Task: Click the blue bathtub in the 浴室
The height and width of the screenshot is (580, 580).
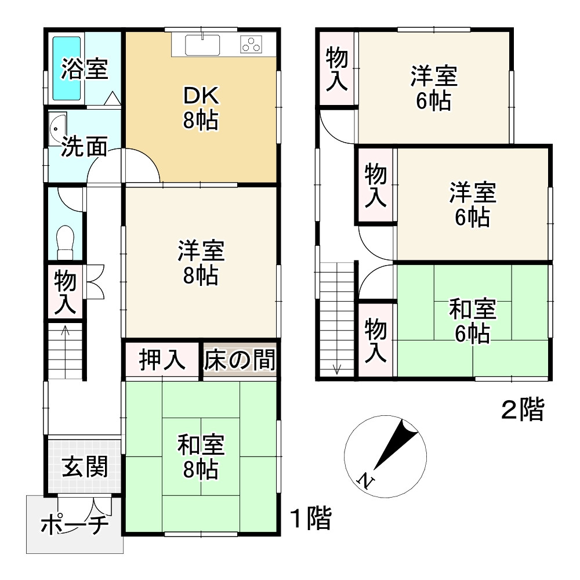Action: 68,68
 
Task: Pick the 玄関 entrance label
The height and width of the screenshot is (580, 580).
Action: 85,466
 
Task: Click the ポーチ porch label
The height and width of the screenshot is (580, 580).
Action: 74,525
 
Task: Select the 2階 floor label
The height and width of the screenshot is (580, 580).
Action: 523,411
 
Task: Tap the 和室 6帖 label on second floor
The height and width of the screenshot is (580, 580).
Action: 473,322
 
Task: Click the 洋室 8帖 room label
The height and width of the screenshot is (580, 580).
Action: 201,264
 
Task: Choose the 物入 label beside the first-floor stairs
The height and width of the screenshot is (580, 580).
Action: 65,293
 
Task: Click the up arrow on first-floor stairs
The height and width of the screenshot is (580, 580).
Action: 65,332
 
